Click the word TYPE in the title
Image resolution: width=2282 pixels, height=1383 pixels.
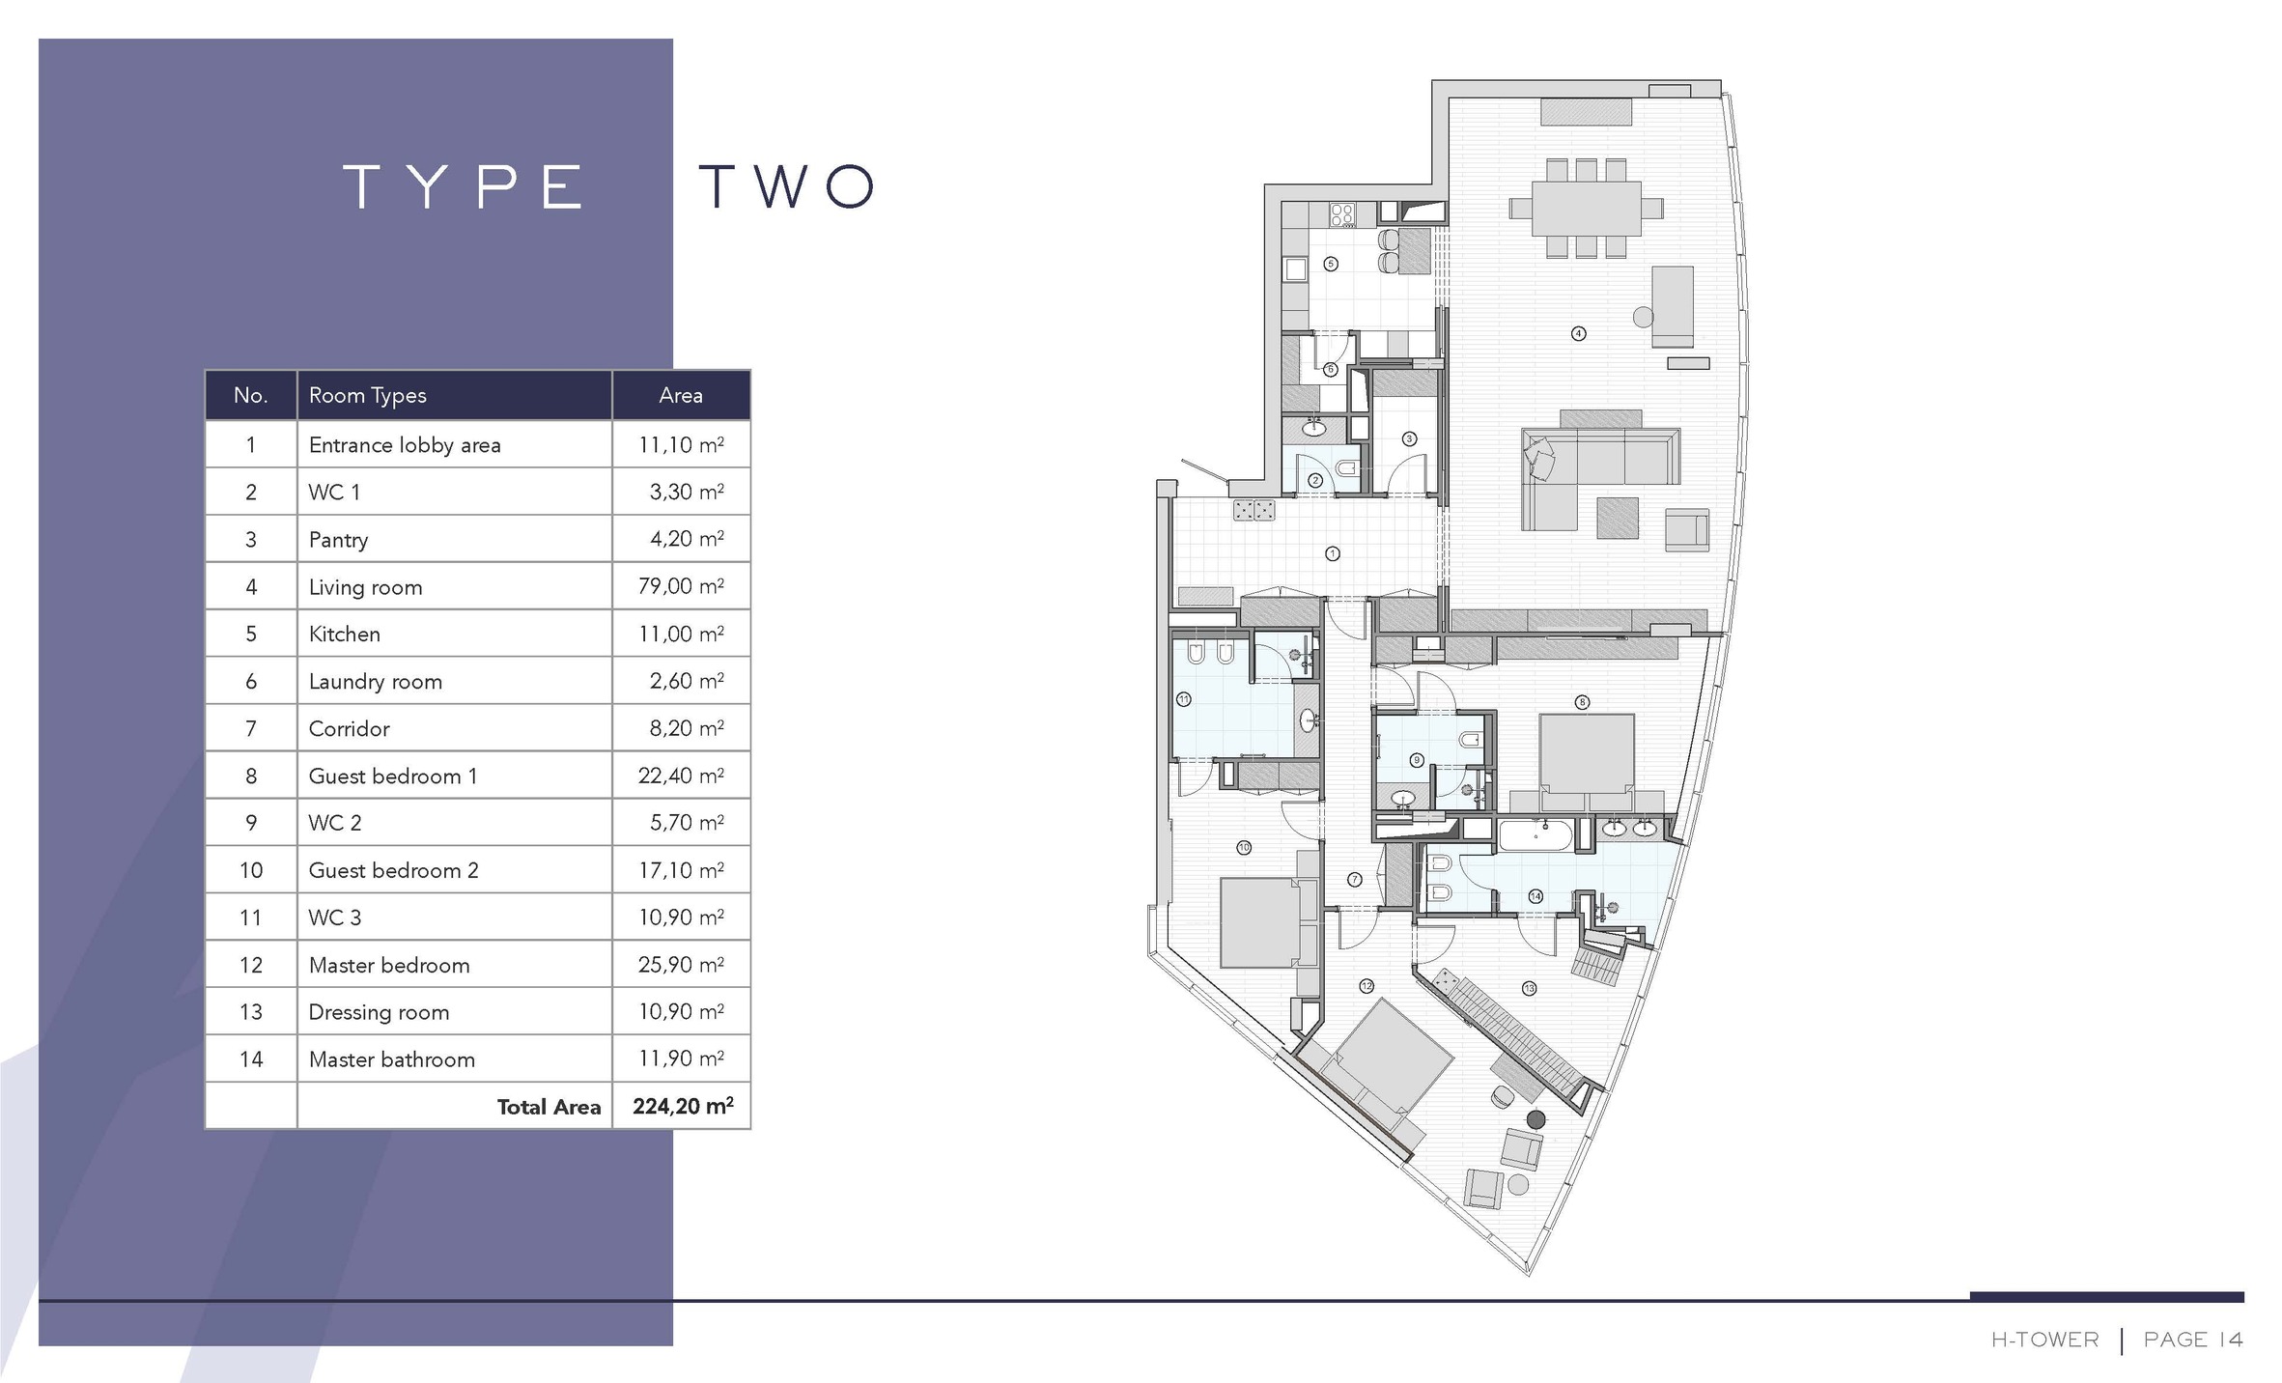point(464,186)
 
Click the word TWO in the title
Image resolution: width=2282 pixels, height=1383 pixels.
point(787,186)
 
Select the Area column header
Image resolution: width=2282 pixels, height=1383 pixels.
point(681,395)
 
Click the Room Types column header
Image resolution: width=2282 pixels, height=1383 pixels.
point(367,396)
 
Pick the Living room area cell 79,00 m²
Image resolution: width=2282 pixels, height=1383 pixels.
point(681,586)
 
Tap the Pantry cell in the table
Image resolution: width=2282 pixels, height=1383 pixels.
point(338,540)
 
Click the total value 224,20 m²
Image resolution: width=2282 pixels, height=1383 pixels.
point(683,1106)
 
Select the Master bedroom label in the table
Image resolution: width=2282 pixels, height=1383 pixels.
point(389,965)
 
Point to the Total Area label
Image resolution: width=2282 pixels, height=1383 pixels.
point(549,1107)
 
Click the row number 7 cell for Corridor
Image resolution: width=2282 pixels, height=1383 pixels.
point(251,728)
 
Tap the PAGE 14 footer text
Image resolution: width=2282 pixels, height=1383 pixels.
point(2193,1340)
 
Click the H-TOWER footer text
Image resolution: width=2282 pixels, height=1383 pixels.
point(2044,1340)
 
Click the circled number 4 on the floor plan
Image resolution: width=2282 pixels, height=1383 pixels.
point(1578,333)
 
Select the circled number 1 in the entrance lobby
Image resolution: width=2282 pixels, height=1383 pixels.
point(1333,553)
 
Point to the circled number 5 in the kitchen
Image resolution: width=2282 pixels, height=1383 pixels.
point(1331,264)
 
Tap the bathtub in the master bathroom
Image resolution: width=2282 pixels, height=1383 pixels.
point(1536,835)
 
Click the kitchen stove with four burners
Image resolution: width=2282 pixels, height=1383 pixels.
point(1342,214)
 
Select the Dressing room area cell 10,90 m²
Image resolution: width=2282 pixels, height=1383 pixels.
point(681,1011)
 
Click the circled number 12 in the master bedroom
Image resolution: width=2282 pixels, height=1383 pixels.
point(1366,986)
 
